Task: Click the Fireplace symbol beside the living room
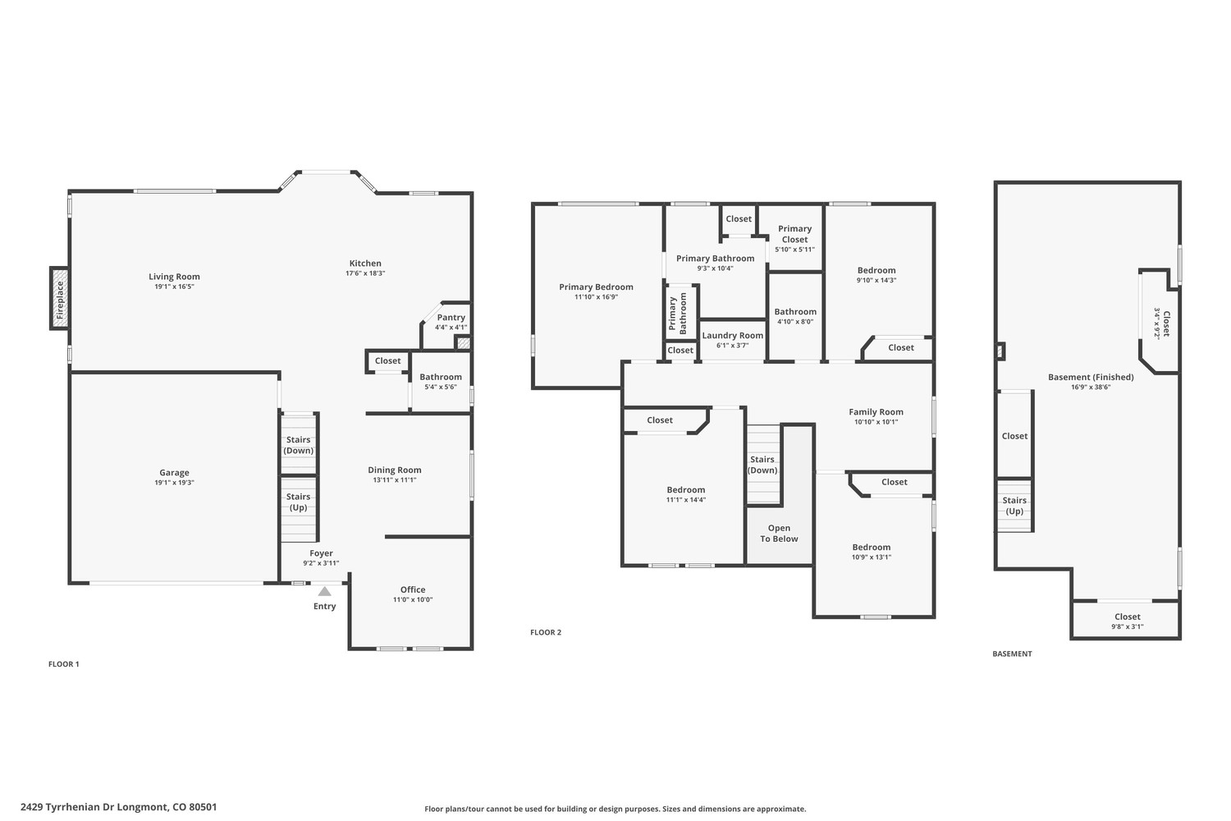59,299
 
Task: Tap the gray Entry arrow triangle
325,591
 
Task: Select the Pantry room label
451,317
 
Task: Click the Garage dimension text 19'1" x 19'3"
174,483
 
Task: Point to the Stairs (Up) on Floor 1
299,502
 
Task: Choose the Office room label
413,589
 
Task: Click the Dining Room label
395,470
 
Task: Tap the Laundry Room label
733,336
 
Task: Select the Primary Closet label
794,234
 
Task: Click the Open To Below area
780,534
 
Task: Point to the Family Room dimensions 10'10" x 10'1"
876,422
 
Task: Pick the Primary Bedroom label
597,287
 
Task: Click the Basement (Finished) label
1091,377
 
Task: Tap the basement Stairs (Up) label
1014,506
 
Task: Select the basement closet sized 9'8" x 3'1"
1127,621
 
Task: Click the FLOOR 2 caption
546,632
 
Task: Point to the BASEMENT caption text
1012,654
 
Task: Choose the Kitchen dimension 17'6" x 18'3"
365,273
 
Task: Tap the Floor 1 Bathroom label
441,377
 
